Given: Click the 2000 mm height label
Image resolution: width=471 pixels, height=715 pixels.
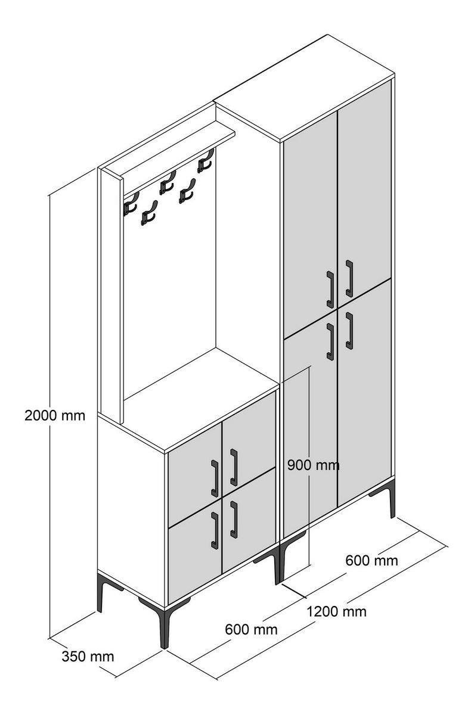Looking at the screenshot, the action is coord(55,416).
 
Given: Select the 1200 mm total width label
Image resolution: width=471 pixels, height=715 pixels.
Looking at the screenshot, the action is coord(337,611).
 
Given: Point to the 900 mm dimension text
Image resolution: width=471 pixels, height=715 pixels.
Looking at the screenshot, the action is coord(313,465).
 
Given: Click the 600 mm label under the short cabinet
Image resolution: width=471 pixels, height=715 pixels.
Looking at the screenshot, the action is coord(252,629).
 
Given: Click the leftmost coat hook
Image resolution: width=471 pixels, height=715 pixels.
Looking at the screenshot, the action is coord(131,204).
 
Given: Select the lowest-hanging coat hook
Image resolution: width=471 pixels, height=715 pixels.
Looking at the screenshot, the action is coord(149,213).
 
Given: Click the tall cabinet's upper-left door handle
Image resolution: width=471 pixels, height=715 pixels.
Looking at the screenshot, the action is coord(330,290).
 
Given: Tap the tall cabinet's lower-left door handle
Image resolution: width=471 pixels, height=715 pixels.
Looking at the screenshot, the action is coord(330,342).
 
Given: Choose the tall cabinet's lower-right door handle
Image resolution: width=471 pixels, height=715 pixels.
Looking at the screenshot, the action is coord(349,331).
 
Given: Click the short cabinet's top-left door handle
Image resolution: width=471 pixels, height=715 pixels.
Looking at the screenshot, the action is coord(215,478).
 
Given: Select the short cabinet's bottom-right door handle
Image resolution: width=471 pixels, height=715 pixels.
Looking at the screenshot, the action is coord(234,520).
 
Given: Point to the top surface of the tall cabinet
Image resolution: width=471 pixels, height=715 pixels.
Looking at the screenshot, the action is coord(305,87).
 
